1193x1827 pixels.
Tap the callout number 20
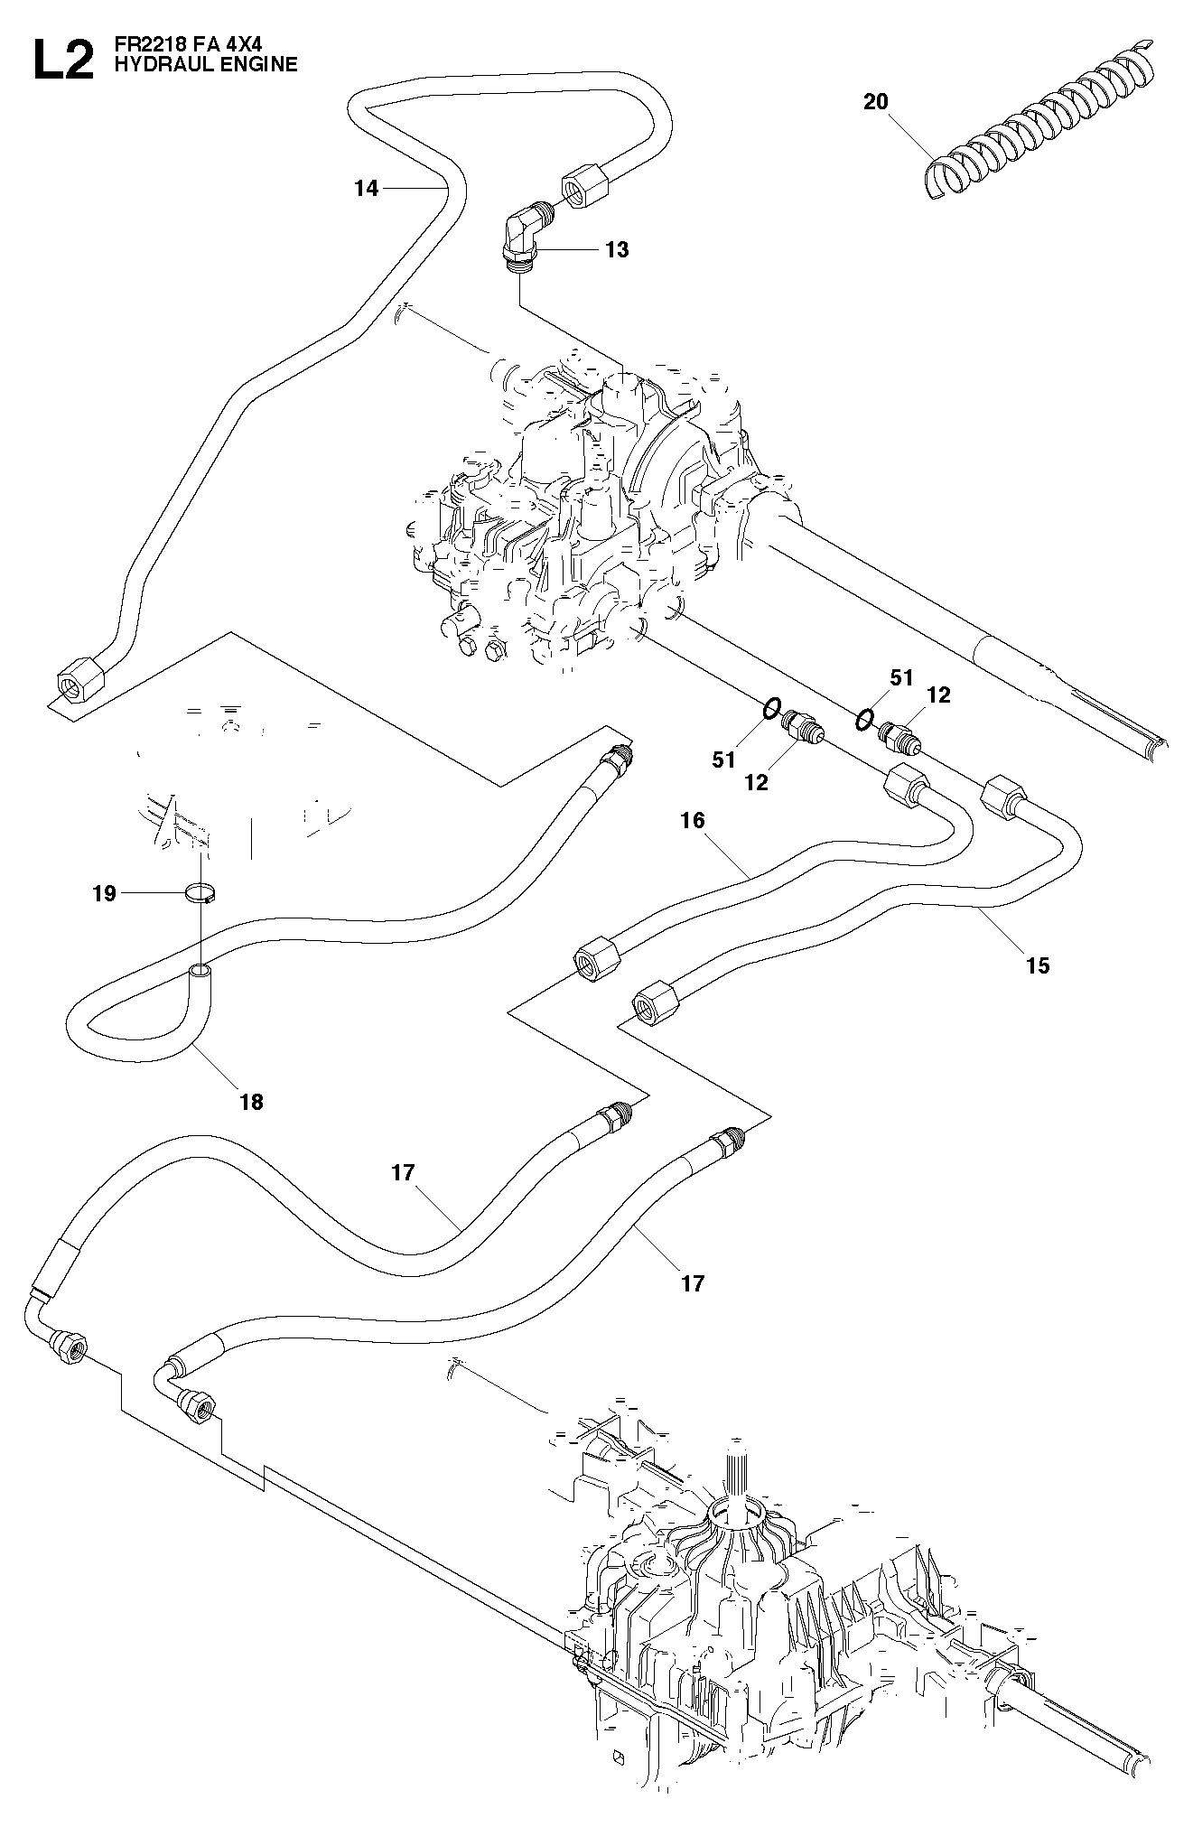876,102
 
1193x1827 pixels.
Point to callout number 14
368,189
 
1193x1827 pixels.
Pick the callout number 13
617,249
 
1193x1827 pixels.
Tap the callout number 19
105,894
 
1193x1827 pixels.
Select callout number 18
251,1102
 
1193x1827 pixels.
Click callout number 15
1039,965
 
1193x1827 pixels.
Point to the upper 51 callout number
901,677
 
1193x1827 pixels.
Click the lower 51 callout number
724,760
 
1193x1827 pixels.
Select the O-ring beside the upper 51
864,719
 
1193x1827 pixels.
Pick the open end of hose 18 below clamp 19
200,973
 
